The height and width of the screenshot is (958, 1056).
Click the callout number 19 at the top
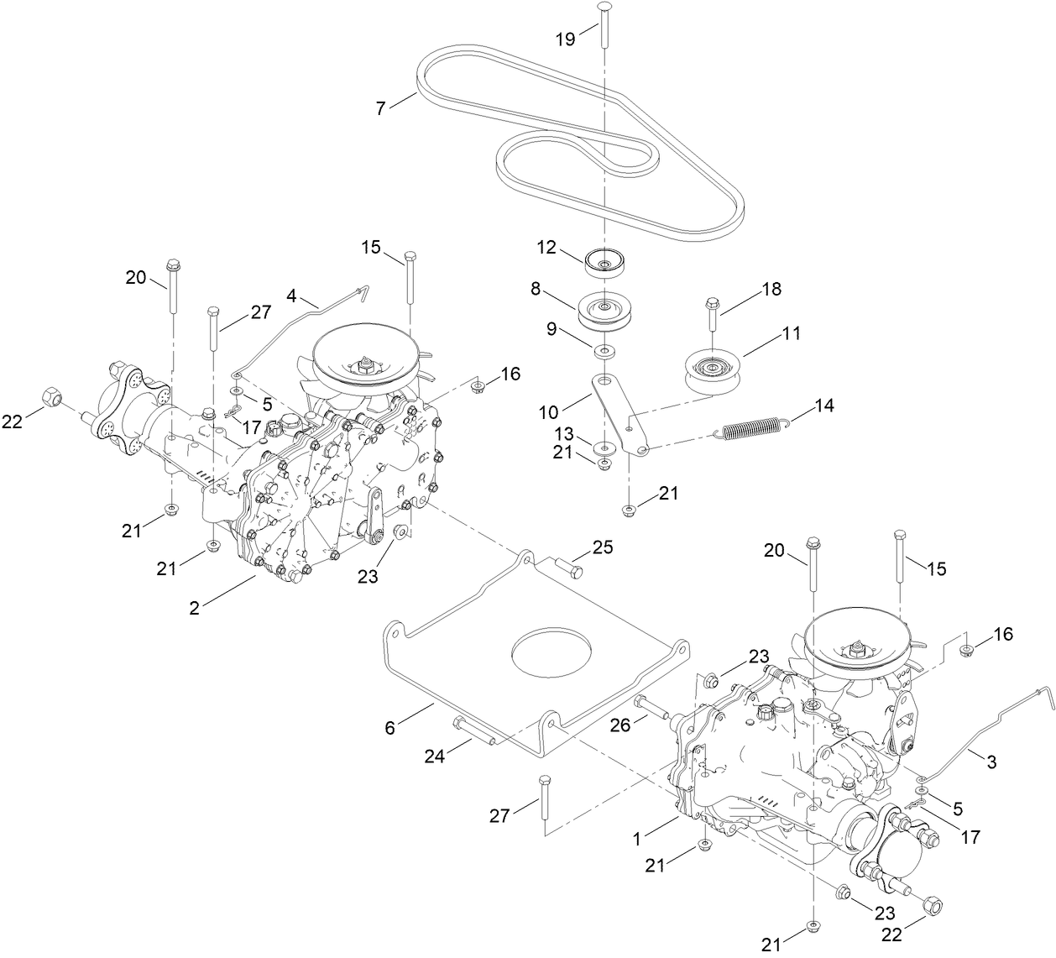click(566, 38)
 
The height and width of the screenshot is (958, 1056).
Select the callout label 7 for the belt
click(381, 108)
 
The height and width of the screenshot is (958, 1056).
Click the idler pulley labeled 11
click(711, 369)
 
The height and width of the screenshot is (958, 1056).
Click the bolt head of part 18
click(712, 303)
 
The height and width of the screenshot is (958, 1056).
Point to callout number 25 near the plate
click(602, 548)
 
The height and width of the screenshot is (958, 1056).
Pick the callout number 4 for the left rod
click(291, 296)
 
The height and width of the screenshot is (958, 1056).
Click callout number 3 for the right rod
click(991, 762)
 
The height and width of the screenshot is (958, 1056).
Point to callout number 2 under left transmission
click(194, 609)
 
